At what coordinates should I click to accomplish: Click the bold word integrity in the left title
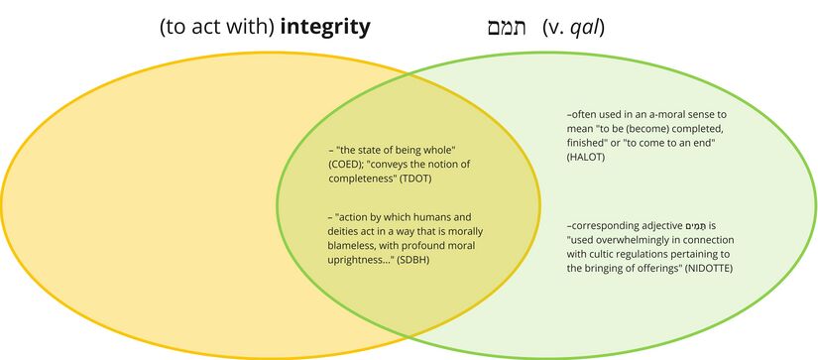coord(325,27)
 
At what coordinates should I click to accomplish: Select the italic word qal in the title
coord(584,27)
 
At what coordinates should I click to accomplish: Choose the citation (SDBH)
coord(421,259)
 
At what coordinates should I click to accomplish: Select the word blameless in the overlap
coord(355,245)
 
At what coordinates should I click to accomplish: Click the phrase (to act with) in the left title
coord(217,27)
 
